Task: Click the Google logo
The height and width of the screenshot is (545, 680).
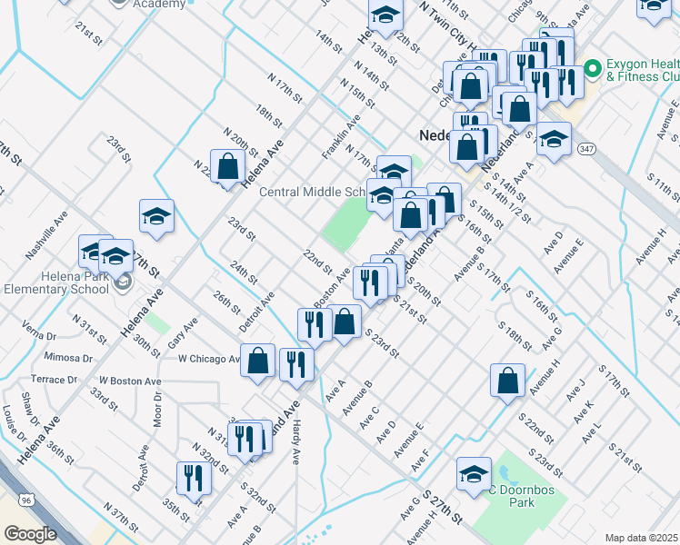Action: tap(30, 534)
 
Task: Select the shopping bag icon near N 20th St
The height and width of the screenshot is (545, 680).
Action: tap(227, 167)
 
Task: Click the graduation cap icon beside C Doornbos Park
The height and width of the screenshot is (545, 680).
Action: tap(473, 475)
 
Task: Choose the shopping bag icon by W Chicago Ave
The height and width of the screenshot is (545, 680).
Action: tap(258, 360)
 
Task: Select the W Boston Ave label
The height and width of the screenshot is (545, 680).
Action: tap(130, 381)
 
